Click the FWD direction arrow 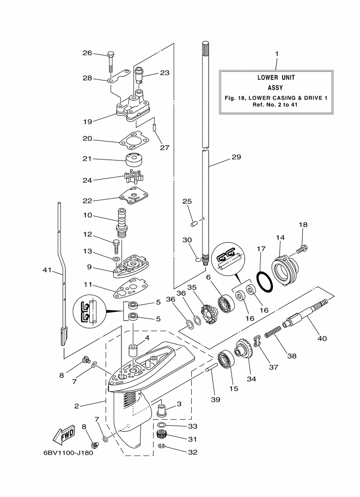pyautogui.click(x=64, y=434)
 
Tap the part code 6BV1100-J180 pyautogui.click(x=69, y=452)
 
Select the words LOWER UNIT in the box pyautogui.click(x=276, y=77)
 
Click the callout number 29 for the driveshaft pyautogui.click(x=236, y=157)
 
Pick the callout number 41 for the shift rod pyautogui.click(x=47, y=270)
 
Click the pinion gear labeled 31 pyautogui.click(x=162, y=434)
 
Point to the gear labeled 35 pyautogui.click(x=208, y=314)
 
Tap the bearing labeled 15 pyautogui.click(x=226, y=360)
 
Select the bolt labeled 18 pyautogui.click(x=302, y=249)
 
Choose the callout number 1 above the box pyautogui.click(x=277, y=54)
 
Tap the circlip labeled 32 pyautogui.click(x=161, y=446)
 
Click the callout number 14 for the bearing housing pyautogui.click(x=280, y=237)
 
